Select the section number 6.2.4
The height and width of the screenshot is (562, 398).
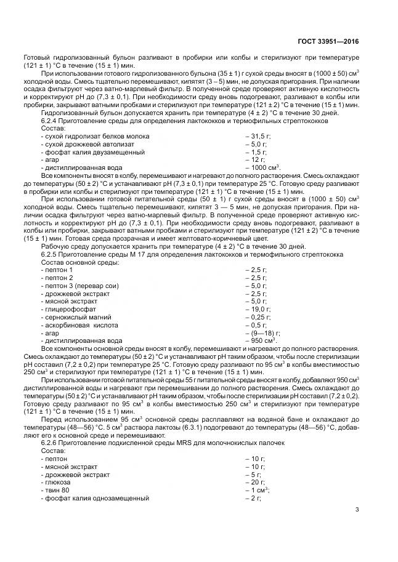(x=51, y=122)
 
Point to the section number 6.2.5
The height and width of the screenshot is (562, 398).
(x=51, y=254)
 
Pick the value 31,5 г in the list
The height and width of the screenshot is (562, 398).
(x=258, y=137)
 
